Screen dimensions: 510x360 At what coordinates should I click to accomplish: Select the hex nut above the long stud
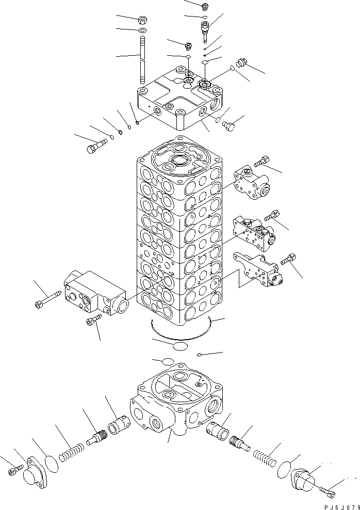[x=142, y=21]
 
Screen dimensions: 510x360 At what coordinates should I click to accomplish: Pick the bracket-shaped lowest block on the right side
[x=258, y=268]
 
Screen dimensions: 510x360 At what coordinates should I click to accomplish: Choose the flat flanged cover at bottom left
[x=35, y=471]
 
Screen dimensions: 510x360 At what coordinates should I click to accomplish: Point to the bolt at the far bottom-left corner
[x=14, y=471]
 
